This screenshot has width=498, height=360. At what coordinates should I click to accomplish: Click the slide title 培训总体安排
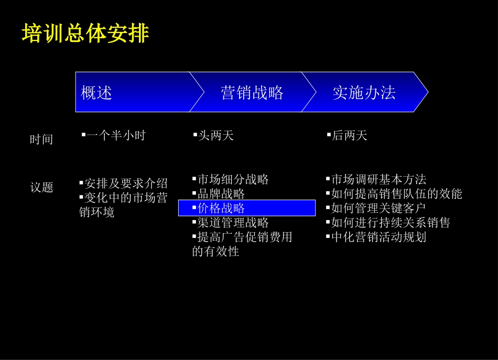tap(85, 34)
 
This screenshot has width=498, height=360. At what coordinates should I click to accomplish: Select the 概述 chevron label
tap(96, 93)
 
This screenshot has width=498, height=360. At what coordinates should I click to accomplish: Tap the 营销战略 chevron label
tap(252, 93)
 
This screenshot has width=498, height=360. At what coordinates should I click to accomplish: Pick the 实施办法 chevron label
tap(364, 93)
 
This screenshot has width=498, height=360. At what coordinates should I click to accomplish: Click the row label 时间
tap(41, 139)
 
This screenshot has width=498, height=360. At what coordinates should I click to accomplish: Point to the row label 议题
tap(42, 187)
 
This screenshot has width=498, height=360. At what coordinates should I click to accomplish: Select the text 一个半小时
tap(116, 136)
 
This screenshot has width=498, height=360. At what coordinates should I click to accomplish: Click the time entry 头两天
tap(215, 136)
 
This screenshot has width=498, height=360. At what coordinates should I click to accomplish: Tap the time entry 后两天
tap(349, 136)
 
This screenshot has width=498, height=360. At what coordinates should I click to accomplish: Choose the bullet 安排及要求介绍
tap(126, 183)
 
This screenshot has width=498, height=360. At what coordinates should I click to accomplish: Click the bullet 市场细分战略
tap(233, 180)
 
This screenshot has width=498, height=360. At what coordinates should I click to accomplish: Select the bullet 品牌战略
tap(221, 194)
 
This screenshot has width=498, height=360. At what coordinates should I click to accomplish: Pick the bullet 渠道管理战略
tap(233, 223)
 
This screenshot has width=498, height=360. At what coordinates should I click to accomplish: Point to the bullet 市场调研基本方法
tap(378, 180)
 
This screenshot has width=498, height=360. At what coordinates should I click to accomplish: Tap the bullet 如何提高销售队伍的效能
tap(396, 194)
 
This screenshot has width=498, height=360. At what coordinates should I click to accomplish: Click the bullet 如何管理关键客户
tap(378, 208)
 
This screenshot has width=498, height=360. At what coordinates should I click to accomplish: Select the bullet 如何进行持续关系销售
tap(391, 223)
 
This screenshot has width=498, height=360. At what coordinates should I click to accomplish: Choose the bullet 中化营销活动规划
tap(378, 237)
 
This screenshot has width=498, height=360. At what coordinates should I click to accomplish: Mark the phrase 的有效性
tap(216, 252)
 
